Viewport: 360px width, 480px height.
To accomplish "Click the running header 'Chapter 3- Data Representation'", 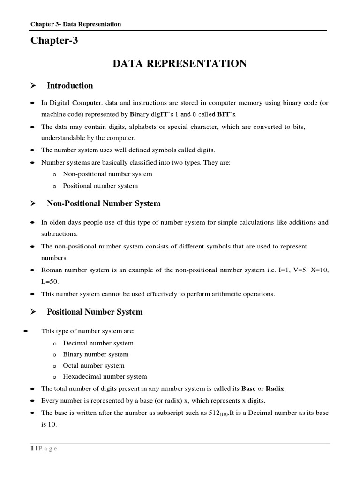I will point(75,24).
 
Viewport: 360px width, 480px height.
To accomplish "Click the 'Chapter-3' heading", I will point(54,41).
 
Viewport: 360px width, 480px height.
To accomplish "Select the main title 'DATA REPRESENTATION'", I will point(180,64).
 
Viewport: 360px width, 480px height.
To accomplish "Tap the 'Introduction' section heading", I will point(70,86).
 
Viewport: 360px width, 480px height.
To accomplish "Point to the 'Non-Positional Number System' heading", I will point(104,203).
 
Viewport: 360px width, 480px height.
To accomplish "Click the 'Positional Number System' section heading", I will point(95,312).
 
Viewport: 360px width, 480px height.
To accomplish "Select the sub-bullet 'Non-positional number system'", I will point(107,174).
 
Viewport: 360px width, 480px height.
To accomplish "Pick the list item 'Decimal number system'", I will point(98,343).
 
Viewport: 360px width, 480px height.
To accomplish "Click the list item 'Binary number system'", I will point(96,354).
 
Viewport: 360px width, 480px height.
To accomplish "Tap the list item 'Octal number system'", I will point(94,365).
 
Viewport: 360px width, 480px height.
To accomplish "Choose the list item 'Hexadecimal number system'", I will point(105,376).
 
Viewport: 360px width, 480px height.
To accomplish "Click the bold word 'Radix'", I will point(275,389).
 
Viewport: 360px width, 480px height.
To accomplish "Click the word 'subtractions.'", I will point(60,233).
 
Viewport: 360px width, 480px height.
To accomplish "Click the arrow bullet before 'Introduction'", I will point(33,86).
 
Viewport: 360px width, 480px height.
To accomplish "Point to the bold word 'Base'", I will point(248,389).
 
